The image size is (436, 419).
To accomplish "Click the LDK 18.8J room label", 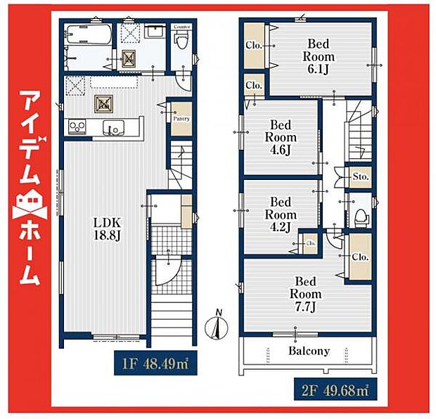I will pyautogui.click(x=108, y=229).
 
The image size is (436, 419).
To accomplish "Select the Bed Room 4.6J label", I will pyautogui.click(x=281, y=138).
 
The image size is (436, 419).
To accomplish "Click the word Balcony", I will pyautogui.click(x=307, y=351).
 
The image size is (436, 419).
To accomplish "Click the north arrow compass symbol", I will pyautogui.click(x=218, y=325).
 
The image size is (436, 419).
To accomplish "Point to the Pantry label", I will pyautogui.click(x=181, y=119).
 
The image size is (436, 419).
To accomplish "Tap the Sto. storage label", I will pyautogui.click(x=361, y=175).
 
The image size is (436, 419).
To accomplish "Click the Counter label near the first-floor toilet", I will pyautogui.click(x=182, y=27).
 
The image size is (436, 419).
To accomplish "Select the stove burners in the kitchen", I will pyautogui.click(x=76, y=127).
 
